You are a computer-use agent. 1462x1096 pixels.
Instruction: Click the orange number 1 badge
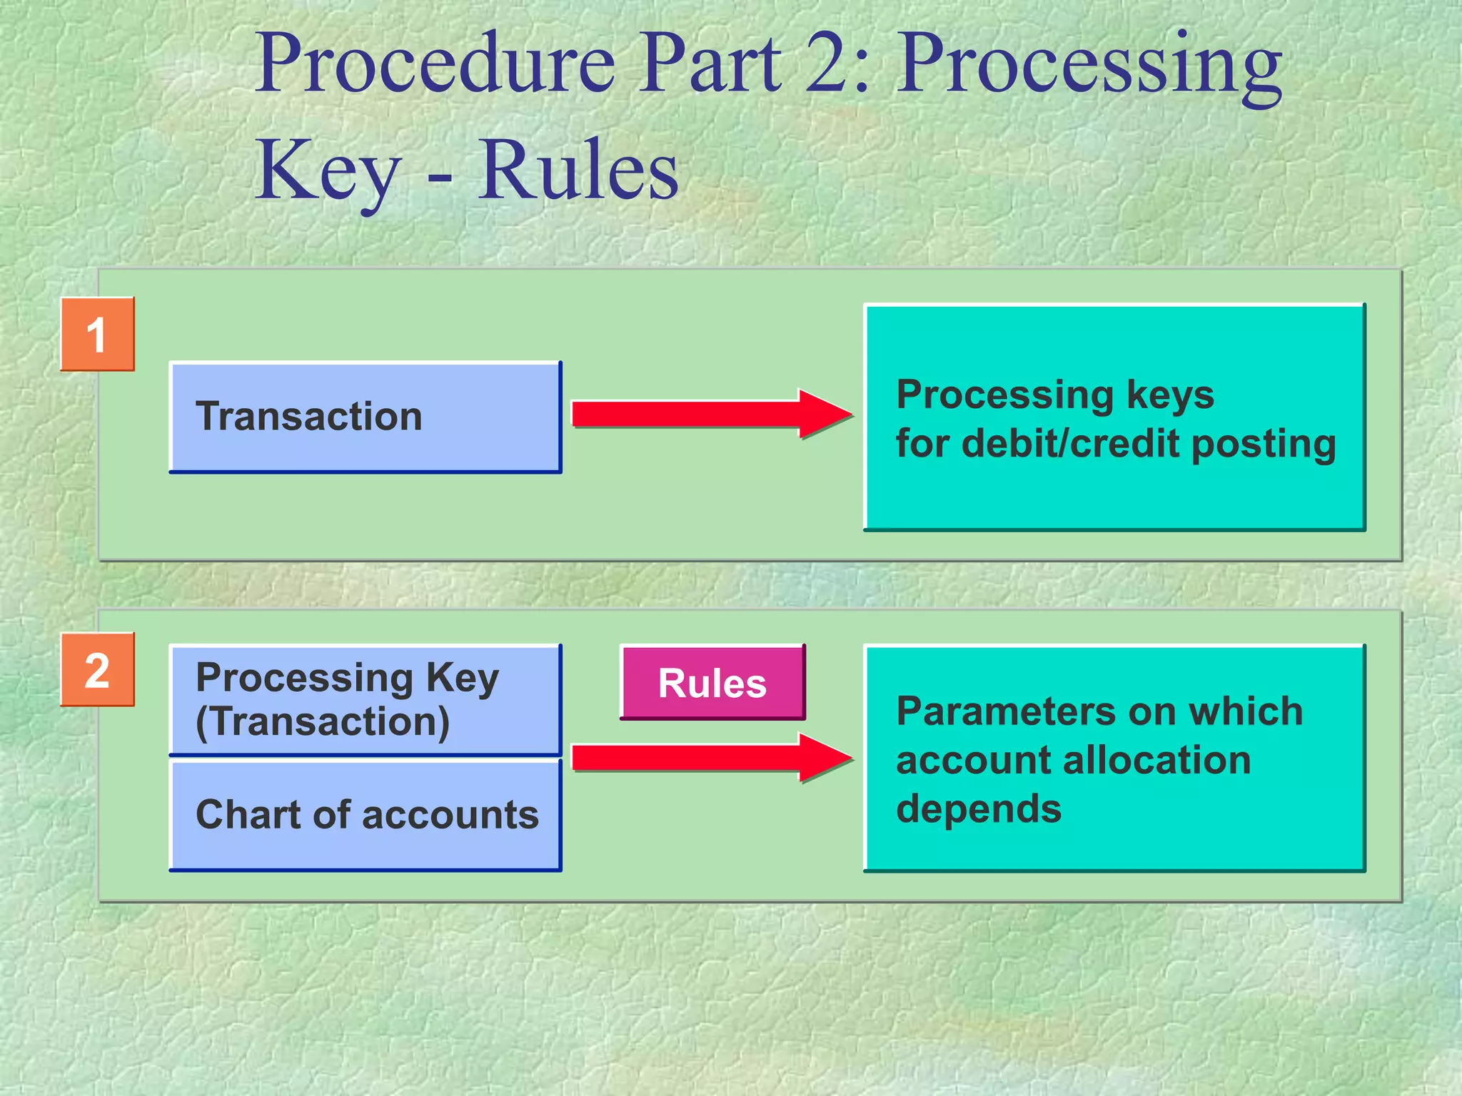[97, 334]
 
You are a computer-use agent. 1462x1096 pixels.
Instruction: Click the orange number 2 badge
[97, 669]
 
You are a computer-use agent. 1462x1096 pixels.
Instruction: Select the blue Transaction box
[365, 417]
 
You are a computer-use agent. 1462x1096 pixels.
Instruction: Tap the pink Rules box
[712, 682]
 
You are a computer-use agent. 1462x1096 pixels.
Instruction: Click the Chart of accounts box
[365, 815]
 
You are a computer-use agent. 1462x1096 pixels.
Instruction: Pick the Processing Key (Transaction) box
[365, 699]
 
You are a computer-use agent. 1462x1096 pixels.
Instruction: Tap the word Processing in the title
[1089, 66]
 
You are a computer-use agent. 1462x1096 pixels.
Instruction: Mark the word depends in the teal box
[979, 809]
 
